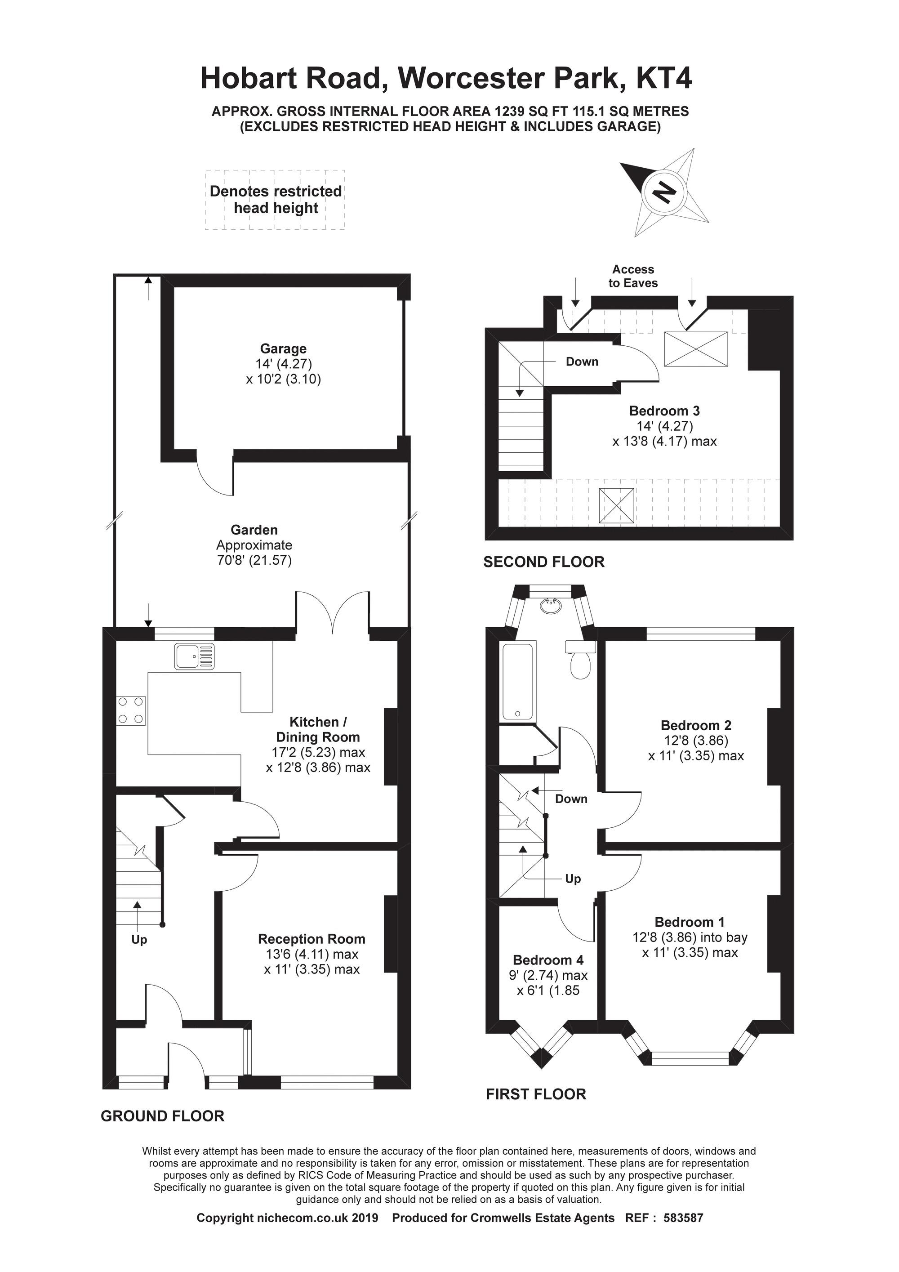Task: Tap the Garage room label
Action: [x=283, y=349]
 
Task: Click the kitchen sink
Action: [x=194, y=656]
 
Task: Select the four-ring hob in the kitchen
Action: [x=131, y=710]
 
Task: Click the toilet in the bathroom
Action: [x=580, y=663]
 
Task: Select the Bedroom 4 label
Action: [x=548, y=960]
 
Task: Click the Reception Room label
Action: [x=312, y=939]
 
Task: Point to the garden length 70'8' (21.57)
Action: [x=254, y=560]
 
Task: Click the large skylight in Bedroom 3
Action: [x=696, y=349]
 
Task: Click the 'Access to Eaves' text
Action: [x=633, y=276]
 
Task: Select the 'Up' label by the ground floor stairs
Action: [x=139, y=940]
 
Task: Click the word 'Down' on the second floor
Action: [x=582, y=362]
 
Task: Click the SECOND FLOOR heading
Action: [x=543, y=562]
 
